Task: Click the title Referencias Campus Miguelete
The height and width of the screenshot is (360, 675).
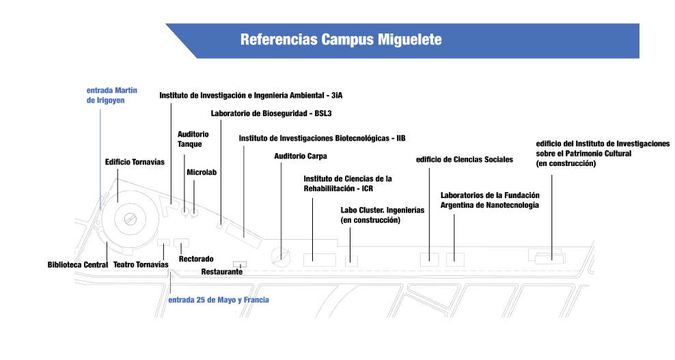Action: click(341, 39)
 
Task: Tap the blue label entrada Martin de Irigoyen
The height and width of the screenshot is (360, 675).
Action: click(112, 95)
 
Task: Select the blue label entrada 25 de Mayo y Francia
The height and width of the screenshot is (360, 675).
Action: click(218, 300)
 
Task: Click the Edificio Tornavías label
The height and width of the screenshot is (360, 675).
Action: click(135, 162)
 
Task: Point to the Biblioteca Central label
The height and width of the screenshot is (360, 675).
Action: click(77, 264)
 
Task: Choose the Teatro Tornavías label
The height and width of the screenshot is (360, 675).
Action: click(141, 264)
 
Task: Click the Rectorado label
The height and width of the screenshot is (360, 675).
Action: click(196, 259)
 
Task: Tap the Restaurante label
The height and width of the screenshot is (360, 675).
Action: click(222, 272)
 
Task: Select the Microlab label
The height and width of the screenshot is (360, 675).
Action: click(202, 172)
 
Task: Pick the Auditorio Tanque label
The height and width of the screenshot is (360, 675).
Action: click(193, 139)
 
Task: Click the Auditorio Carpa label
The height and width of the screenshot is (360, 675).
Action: click(301, 156)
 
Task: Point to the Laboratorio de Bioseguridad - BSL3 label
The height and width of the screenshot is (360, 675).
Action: click(271, 113)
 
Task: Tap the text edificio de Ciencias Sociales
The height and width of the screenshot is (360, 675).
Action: click(465, 160)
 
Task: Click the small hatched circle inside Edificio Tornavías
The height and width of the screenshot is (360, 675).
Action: click(130, 219)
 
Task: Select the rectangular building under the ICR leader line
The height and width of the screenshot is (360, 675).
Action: click(320, 260)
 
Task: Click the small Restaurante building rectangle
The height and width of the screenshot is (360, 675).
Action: click(240, 264)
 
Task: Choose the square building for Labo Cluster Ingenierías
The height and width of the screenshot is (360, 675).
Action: click(351, 260)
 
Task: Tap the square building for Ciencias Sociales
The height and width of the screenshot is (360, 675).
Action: click(429, 260)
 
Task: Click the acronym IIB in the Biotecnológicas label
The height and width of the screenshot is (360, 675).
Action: click(401, 138)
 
